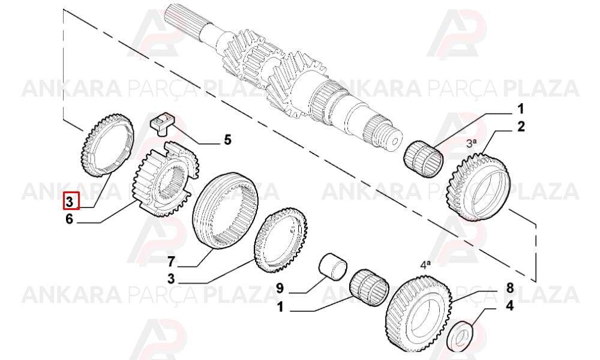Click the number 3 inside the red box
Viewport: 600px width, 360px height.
(70, 201)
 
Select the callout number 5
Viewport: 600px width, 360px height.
(227, 140)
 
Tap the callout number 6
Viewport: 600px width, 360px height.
(69, 219)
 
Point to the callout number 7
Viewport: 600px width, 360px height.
(171, 262)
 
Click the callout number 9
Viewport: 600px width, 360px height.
(280, 287)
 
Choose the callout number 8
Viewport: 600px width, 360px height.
(509, 287)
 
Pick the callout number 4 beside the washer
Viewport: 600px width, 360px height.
(509, 306)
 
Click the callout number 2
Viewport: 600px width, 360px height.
(521, 126)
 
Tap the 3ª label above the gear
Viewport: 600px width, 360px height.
(471, 143)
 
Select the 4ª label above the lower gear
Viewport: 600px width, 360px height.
(425, 265)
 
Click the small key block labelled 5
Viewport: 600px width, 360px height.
(161, 123)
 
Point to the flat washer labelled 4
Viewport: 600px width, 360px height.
(460, 336)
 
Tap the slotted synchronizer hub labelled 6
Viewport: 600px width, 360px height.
(166, 179)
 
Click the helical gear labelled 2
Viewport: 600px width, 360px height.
(478, 187)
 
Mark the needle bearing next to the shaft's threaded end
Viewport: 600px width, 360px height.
(424, 159)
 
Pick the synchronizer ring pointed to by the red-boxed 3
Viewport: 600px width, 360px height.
(107, 145)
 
